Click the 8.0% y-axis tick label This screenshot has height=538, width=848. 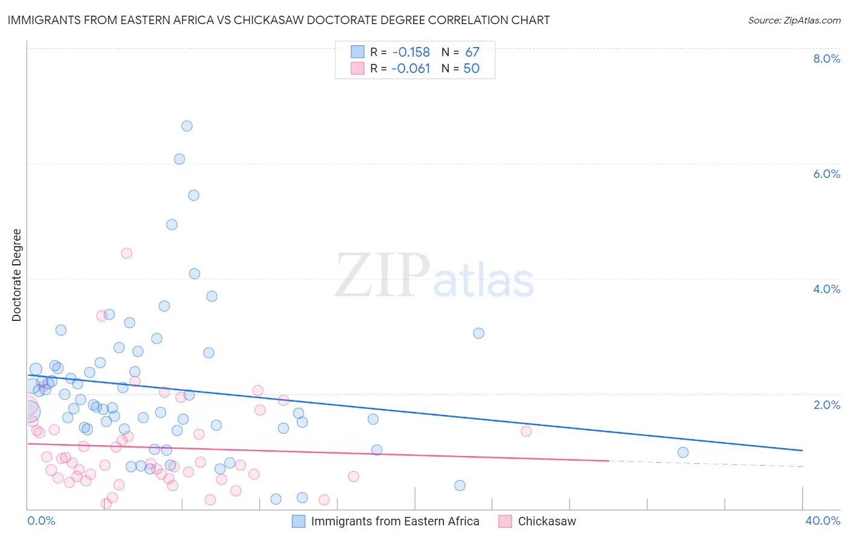tap(826, 59)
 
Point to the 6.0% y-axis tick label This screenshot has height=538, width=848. tap(826, 174)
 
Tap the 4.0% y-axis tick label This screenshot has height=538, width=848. tap(826, 289)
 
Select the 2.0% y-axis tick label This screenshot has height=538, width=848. tap(826, 405)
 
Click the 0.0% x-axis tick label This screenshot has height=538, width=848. tap(41, 521)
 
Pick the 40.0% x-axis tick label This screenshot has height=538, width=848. tap(822, 521)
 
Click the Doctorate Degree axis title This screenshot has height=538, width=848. tap(17, 275)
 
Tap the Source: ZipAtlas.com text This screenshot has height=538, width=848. tap(794, 20)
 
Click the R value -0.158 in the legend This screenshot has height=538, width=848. tap(411, 52)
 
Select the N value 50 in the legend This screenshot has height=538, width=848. tap(471, 69)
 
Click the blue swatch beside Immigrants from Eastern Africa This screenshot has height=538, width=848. tap(299, 521)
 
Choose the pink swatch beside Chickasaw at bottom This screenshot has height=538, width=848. tap(505, 521)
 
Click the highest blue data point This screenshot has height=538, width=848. tap(187, 126)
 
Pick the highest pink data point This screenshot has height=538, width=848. tap(127, 253)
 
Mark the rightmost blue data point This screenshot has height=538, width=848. tap(683, 452)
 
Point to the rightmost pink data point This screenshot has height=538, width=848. tap(526, 431)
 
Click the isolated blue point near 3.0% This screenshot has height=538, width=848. tap(479, 333)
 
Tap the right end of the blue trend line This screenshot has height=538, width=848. tap(802, 451)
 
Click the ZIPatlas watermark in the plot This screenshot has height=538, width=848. tap(434, 276)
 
